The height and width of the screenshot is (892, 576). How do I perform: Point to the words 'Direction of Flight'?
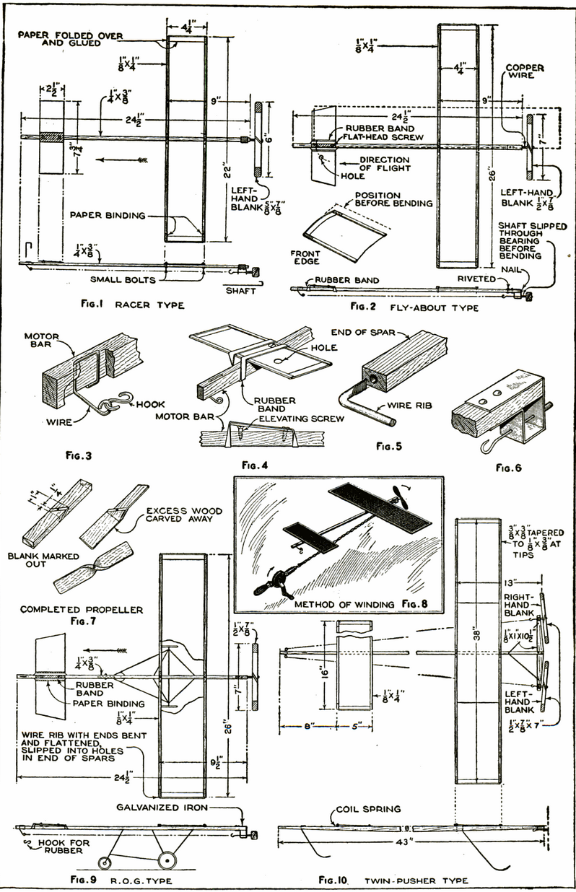(385, 165)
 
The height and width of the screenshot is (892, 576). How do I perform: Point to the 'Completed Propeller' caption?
(69, 610)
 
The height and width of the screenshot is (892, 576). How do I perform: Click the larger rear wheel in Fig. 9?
(167, 862)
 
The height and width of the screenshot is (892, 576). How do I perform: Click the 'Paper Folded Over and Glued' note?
(70, 38)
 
